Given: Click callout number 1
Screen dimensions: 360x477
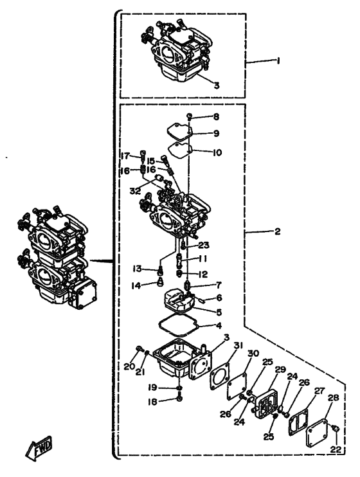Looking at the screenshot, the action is [x=278, y=61].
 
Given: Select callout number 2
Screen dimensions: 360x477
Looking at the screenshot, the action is [x=277, y=232].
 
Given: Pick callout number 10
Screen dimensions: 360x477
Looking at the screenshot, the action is [x=217, y=152].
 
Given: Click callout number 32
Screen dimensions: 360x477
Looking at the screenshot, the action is [x=135, y=191].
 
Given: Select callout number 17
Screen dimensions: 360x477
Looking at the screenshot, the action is [x=125, y=157].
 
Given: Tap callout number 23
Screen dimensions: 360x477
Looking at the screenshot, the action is [x=204, y=245].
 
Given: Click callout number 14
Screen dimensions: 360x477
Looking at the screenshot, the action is [x=137, y=285].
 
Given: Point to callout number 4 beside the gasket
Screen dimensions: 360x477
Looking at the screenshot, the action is [x=219, y=326].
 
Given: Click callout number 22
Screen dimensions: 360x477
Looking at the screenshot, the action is [x=336, y=449].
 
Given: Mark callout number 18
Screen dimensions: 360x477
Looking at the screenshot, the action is [x=152, y=402].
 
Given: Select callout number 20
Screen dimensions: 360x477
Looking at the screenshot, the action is [x=129, y=367].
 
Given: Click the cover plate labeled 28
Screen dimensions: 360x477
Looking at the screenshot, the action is [x=316, y=431].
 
